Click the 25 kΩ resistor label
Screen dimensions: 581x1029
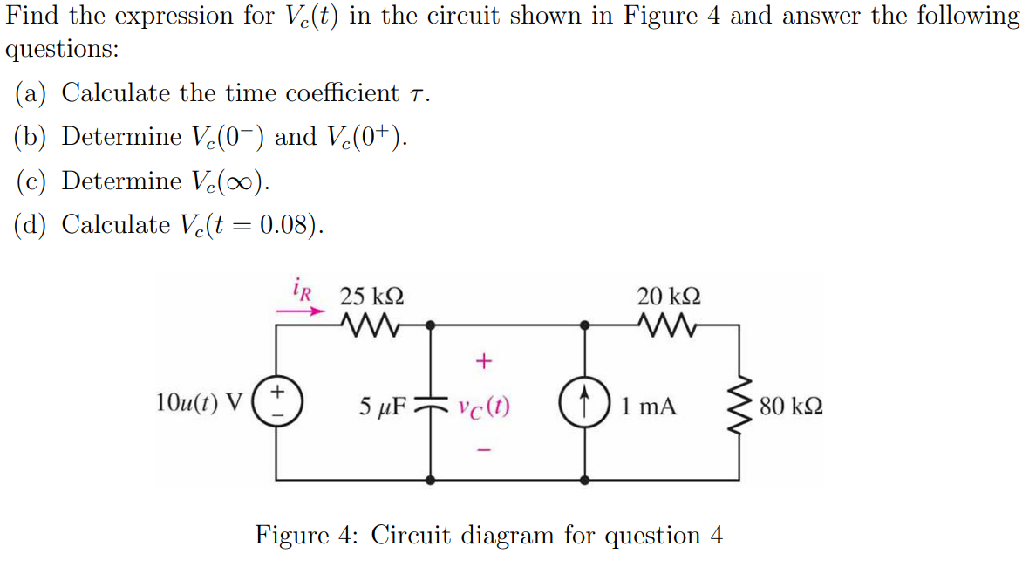[x=371, y=297]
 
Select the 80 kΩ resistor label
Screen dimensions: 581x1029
[x=790, y=407]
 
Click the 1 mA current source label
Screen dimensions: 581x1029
[x=649, y=407]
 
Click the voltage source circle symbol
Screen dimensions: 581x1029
[x=277, y=403]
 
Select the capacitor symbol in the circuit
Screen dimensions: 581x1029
[x=431, y=404]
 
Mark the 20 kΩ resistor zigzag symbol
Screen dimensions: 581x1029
[x=669, y=326]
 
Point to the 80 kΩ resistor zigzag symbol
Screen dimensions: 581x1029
[x=739, y=406]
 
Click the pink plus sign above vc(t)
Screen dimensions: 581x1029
[x=485, y=359]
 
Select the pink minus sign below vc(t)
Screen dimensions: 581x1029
[x=485, y=451]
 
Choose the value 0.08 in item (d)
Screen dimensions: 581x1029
[x=283, y=225]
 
